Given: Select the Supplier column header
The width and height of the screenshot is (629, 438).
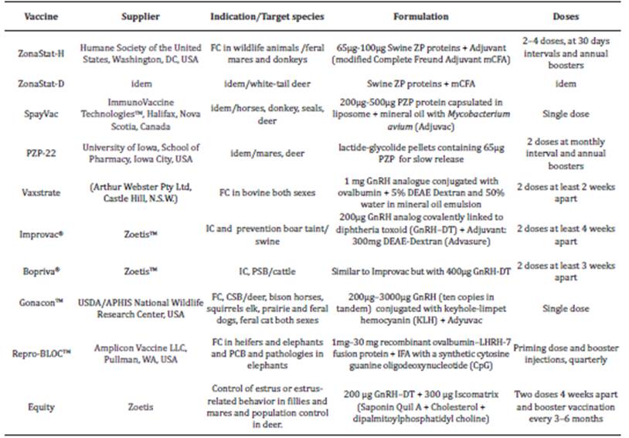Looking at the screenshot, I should [140, 16].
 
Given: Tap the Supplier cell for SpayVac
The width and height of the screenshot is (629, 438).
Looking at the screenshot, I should [140, 114].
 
